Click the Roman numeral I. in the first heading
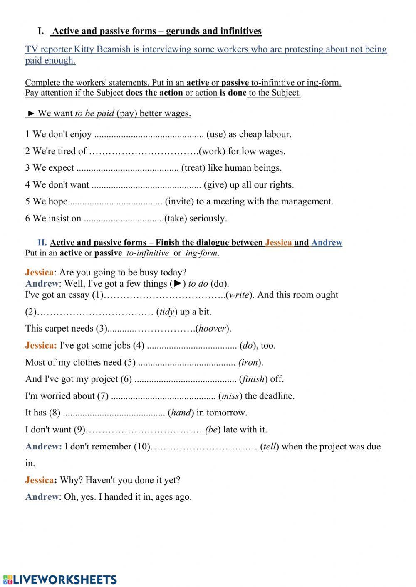(41, 31)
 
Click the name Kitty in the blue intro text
(84, 49)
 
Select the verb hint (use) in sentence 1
(216, 134)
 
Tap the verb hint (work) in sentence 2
(212, 151)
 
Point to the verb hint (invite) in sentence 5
(179, 201)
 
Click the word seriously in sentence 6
(208, 219)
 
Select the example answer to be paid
(94, 113)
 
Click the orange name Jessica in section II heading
(278, 243)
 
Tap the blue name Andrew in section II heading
(327, 243)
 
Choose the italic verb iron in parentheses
(250, 362)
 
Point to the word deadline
(277, 396)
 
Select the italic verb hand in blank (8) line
(181, 413)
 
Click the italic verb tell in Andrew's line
(269, 447)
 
